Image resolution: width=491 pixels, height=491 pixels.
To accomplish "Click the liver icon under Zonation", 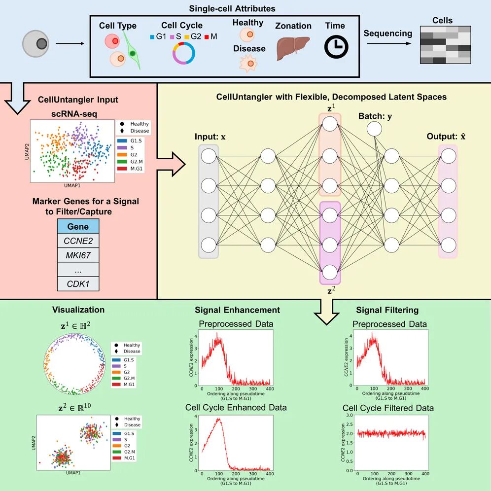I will [x=293, y=48].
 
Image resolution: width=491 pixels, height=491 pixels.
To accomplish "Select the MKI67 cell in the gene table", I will [x=78, y=255].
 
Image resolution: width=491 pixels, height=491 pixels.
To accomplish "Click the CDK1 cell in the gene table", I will [x=78, y=283].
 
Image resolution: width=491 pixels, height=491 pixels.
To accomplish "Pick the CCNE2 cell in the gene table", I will [x=78, y=241].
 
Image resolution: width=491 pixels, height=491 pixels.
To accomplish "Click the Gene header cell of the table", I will [x=78, y=226].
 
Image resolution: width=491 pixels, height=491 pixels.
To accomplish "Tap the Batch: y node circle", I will [x=374, y=129].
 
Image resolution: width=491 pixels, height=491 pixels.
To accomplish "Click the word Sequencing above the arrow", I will [x=387, y=34].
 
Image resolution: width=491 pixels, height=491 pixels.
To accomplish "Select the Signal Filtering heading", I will [x=387, y=310].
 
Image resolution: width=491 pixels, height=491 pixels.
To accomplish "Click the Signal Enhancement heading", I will [x=237, y=310].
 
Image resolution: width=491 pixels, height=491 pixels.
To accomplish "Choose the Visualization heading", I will [x=78, y=310].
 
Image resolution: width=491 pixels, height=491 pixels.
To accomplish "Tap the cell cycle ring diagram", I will [x=183, y=53].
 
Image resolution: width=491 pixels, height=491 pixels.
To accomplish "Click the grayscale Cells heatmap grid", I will [x=445, y=45].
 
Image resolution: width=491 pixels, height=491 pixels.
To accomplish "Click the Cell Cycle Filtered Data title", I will [x=388, y=408].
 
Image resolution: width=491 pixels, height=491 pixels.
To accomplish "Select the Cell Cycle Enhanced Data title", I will [x=236, y=408].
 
